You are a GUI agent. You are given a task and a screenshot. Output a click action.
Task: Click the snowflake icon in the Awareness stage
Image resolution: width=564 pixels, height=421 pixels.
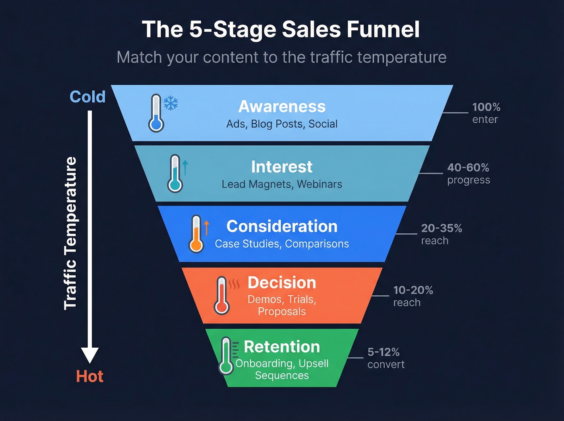[x=171, y=103]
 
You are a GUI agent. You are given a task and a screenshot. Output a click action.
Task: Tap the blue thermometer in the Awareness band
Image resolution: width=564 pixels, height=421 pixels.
[x=156, y=114]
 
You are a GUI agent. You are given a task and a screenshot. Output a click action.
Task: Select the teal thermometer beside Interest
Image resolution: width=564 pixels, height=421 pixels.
[x=175, y=174]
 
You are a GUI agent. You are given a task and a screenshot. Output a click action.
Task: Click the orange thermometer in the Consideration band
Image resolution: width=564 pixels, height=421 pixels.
[x=196, y=234]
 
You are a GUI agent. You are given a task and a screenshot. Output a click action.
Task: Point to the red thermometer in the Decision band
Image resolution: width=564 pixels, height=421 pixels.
[x=221, y=296]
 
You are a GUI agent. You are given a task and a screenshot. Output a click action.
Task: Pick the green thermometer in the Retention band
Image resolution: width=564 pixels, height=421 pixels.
[x=226, y=356]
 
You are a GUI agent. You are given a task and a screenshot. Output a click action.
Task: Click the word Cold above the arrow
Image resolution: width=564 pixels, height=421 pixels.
[x=87, y=97]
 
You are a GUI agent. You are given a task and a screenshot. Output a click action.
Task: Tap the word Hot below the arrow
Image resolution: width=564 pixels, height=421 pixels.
[x=89, y=377]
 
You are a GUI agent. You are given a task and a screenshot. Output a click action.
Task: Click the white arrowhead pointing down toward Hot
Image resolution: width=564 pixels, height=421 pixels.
[x=89, y=355]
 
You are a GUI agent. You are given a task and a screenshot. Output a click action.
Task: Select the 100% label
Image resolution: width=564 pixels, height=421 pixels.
[x=486, y=107]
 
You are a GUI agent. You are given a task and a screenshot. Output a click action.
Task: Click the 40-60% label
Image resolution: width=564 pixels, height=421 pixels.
[x=468, y=168]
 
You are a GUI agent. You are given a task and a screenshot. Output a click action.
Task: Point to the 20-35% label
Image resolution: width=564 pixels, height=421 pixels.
[x=442, y=228]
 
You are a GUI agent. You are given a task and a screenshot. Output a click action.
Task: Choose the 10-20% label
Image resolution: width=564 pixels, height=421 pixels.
[x=413, y=290]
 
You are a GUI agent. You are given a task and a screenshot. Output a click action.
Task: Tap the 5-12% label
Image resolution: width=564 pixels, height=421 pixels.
[x=384, y=352]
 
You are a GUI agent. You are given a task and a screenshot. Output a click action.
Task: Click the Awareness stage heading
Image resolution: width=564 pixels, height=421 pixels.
[x=282, y=107]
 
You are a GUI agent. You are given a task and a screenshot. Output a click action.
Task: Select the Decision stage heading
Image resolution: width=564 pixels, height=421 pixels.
[x=282, y=283]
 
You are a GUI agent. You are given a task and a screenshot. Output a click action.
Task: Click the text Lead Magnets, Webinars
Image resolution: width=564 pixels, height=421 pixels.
[x=282, y=185]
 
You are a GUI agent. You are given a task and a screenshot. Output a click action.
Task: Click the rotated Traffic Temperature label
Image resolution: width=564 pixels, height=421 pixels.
[x=70, y=233]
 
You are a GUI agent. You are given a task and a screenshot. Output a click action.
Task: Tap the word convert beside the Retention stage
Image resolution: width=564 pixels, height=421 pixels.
[x=386, y=365]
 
